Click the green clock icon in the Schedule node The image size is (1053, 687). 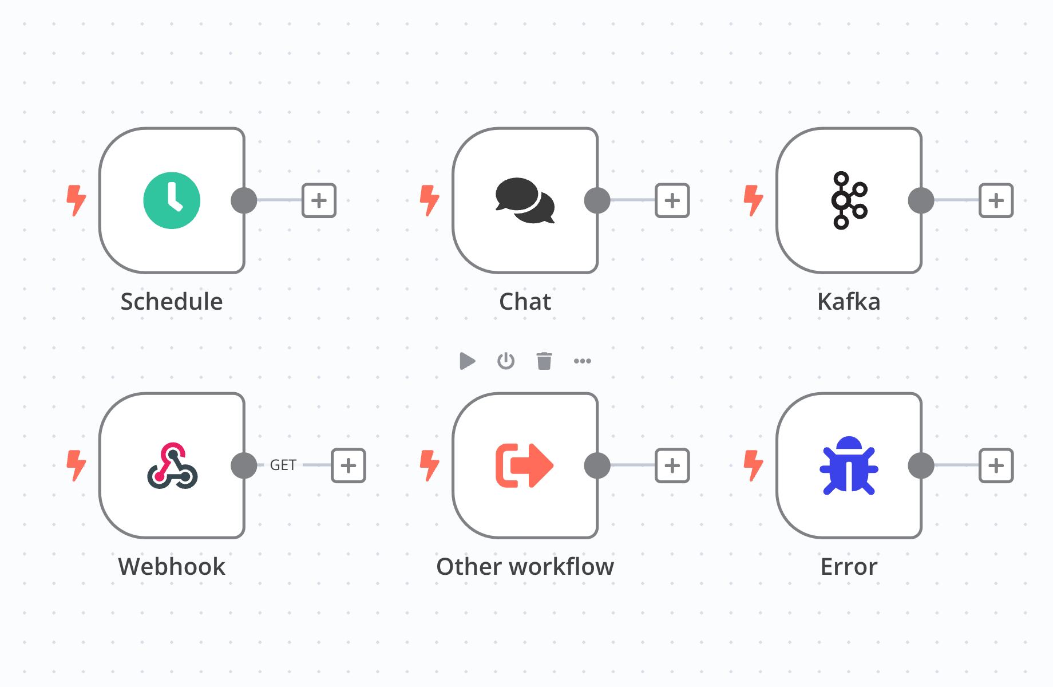[x=172, y=200]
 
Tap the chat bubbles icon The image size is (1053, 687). [x=525, y=200]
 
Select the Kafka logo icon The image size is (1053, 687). [x=849, y=200]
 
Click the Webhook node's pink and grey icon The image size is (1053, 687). [x=172, y=465]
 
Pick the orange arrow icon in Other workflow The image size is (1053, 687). [x=524, y=465]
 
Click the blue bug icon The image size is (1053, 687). [x=849, y=465]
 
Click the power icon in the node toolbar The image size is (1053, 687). [x=506, y=361]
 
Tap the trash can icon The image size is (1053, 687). [x=544, y=361]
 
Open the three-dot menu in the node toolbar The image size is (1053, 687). [x=583, y=361]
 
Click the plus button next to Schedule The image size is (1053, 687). [x=319, y=200]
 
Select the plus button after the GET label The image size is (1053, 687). [x=349, y=465]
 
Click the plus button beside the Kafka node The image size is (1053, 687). [x=996, y=200]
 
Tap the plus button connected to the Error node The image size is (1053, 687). [x=996, y=465]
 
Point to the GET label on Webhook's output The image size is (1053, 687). [x=283, y=465]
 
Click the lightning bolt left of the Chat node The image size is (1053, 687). [x=429, y=200]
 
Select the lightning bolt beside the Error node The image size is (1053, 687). [x=753, y=465]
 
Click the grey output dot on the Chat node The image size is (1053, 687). [x=597, y=200]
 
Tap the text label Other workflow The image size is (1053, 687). [x=525, y=566]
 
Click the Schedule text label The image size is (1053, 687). [x=172, y=301]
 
